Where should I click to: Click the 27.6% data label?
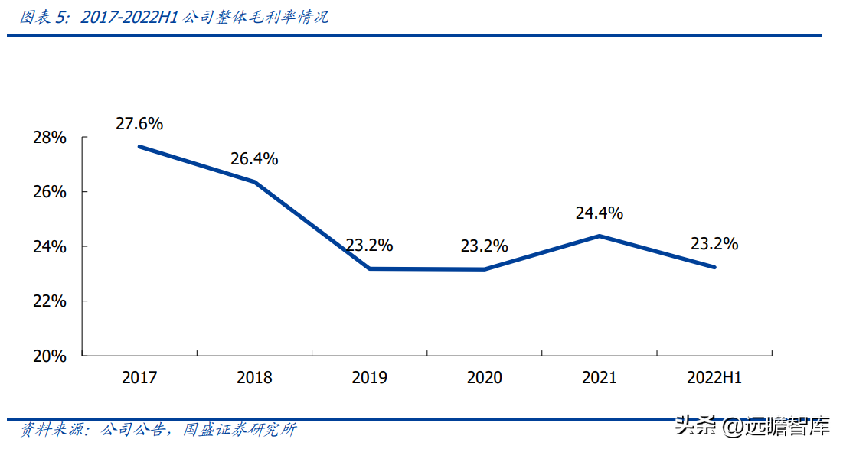coord(139,123)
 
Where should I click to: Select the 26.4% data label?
coord(254,159)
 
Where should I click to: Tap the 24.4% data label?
coord(600,213)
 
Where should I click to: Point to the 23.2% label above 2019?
coord(369,246)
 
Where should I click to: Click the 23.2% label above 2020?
coord(484,246)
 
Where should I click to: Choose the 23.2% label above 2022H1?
coord(714,244)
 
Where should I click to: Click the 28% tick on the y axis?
coord(50,138)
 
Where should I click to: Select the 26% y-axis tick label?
coord(50,192)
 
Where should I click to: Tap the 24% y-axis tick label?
coord(50,247)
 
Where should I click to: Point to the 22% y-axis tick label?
coord(50,301)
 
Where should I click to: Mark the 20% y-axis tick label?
coord(50,356)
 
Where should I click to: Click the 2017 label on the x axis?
coord(139,378)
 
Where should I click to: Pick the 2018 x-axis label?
coord(254,378)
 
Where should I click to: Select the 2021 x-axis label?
coord(600,378)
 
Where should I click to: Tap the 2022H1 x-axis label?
coord(714,378)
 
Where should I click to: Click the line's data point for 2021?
coord(600,236)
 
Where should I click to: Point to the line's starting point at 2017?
coord(139,147)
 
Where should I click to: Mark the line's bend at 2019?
coord(369,268)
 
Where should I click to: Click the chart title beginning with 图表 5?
coord(175,17)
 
